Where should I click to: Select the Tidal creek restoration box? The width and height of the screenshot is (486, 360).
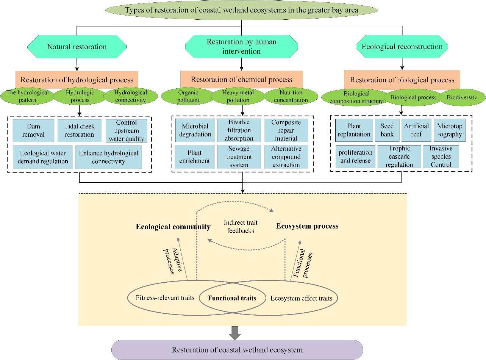(80, 130)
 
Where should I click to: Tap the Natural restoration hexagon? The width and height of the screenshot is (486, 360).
(77, 47)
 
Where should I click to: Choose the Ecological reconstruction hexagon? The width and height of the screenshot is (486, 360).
(402, 47)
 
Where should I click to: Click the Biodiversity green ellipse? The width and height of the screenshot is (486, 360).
(462, 97)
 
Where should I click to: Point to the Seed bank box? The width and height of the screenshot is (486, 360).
(387, 130)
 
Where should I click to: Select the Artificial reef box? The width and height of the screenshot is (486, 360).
(416, 130)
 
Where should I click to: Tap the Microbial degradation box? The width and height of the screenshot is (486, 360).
(196, 130)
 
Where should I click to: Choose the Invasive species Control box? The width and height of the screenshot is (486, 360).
(441, 157)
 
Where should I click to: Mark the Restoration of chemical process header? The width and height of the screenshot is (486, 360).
(241, 80)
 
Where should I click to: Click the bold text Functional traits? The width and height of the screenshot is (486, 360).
(232, 298)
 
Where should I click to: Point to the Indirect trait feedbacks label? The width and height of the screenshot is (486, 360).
(239, 226)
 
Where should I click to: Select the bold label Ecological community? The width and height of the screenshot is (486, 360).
(173, 227)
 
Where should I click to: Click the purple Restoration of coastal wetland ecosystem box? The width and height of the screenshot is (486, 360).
(237, 350)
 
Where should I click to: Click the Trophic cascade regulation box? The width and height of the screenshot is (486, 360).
(399, 157)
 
